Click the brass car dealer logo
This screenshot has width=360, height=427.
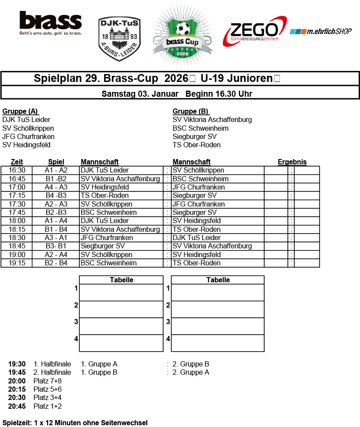[51, 24]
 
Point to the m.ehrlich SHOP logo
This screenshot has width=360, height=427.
[320, 32]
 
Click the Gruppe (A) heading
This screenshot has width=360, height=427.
[20, 111]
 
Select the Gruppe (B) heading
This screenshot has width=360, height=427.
[190, 111]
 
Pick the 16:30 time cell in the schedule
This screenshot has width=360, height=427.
[17, 170]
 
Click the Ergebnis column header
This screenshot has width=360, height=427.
[292, 162]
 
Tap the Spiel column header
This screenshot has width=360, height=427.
[56, 162]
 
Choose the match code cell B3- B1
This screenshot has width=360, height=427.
[56, 246]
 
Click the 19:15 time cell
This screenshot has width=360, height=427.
[17, 263]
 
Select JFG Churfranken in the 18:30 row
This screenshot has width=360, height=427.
[107, 238]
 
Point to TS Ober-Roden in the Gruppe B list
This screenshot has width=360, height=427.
[197, 145]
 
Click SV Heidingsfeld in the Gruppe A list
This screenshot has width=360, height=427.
[26, 145]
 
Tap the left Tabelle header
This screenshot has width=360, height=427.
[122, 280]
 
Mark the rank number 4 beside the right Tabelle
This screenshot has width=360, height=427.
[168, 339]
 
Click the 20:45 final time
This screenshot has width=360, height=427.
[17, 407]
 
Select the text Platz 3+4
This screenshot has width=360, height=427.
[48, 398]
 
